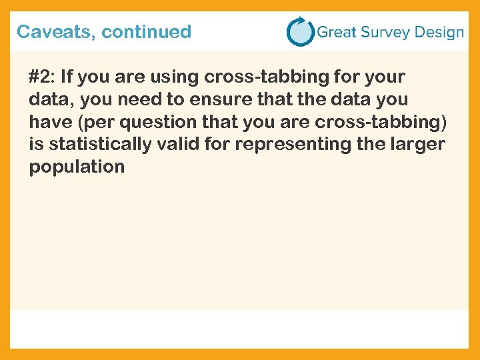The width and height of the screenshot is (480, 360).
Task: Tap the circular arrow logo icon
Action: [300, 31]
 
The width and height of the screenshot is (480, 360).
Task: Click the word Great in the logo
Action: [337, 32]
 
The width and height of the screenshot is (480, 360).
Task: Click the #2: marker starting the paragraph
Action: [42, 77]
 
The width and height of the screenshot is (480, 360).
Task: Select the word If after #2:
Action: [68, 77]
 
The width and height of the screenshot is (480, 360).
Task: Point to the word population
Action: [77, 167]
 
